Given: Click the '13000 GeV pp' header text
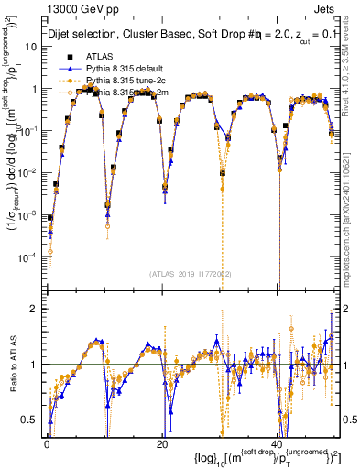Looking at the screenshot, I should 74,8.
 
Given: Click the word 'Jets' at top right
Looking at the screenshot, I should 326,8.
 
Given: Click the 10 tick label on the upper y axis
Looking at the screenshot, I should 31,47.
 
